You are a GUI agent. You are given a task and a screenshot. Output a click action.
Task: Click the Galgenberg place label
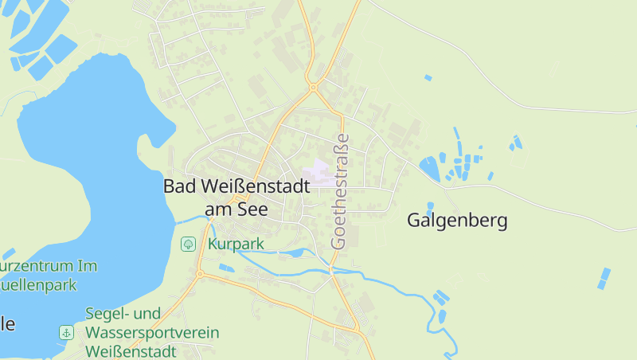click(457, 221)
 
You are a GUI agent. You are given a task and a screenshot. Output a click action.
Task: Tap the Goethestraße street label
click(340, 190)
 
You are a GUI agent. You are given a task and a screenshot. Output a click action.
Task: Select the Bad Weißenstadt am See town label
click(236, 197)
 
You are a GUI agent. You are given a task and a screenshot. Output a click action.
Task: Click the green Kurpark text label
click(236, 244)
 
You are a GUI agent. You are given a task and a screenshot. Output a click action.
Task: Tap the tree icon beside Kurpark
click(189, 244)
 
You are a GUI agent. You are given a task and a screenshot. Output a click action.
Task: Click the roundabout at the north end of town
click(314, 87)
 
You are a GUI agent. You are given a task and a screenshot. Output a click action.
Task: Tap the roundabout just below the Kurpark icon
click(199, 274)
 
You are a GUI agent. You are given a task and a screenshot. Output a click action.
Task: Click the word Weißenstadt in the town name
click(252, 186)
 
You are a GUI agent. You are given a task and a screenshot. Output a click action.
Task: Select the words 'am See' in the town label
click(236, 208)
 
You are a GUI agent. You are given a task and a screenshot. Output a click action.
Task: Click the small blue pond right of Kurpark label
click(294, 253)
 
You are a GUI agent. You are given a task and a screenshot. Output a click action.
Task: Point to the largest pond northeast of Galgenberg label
click(430, 167)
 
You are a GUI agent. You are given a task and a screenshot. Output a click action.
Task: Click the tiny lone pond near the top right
click(428, 77)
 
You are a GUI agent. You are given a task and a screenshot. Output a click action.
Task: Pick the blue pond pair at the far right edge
click(604, 278)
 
